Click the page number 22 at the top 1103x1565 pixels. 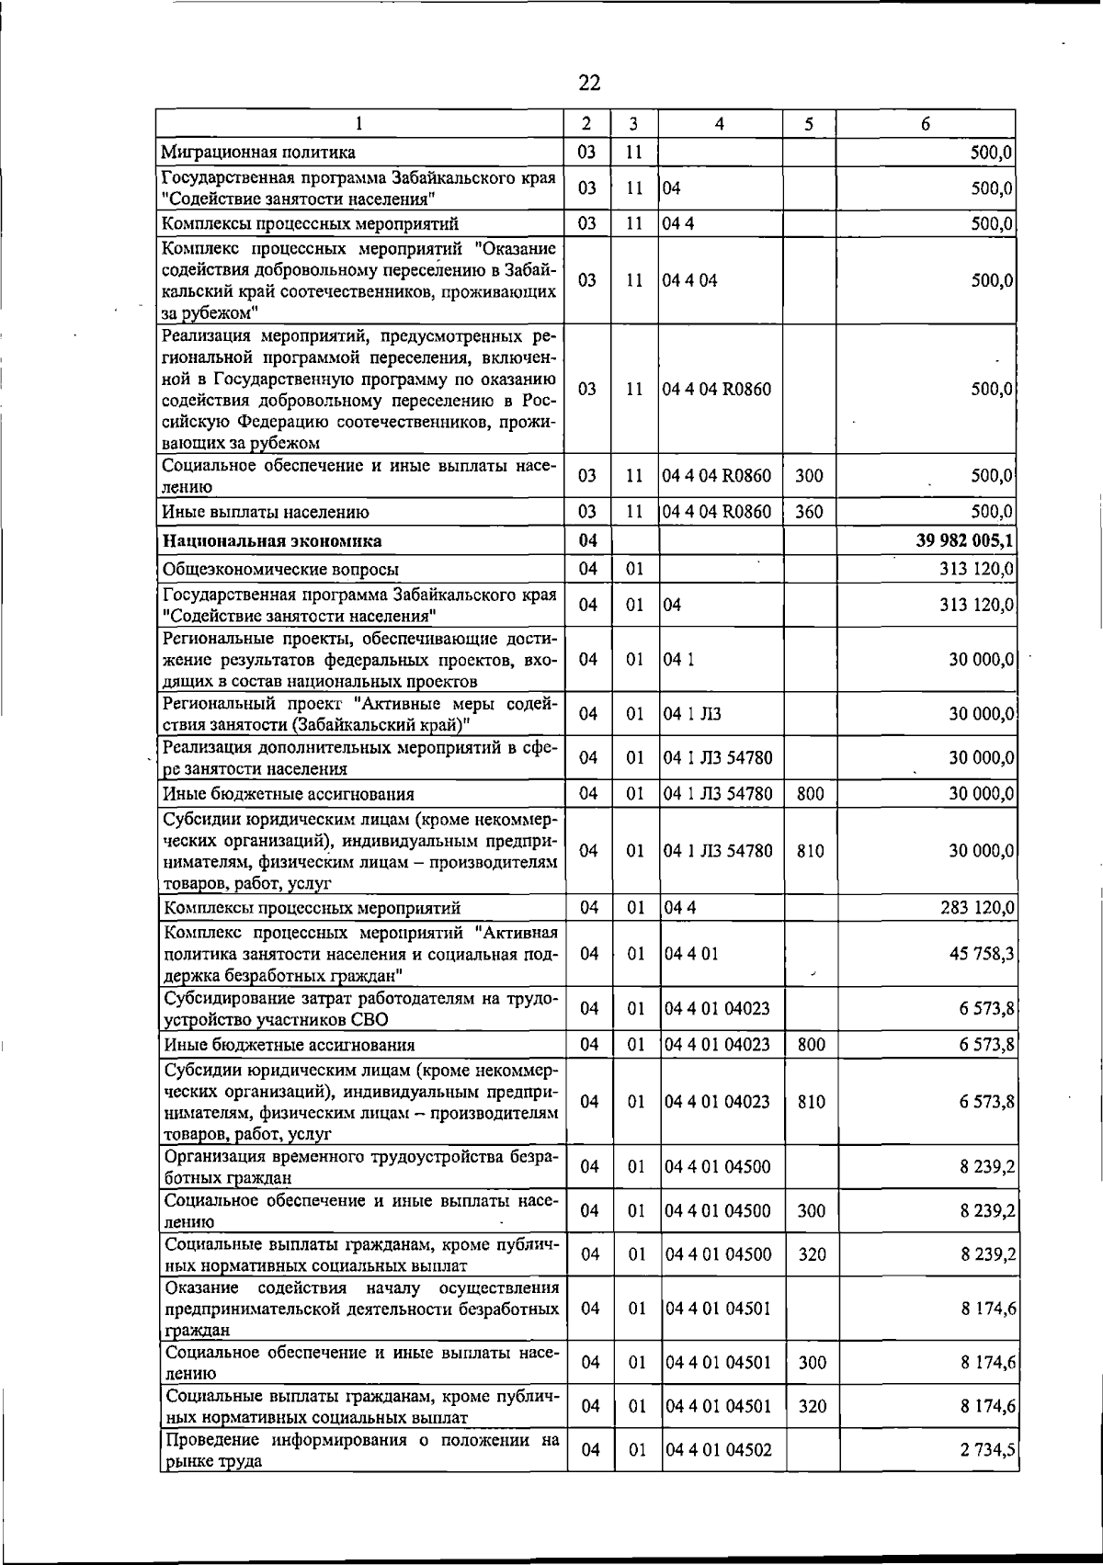click(589, 84)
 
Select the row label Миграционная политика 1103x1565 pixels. click(258, 153)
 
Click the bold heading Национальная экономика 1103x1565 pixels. click(272, 541)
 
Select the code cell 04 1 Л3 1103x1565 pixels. click(686, 714)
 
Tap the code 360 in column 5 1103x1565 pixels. click(809, 512)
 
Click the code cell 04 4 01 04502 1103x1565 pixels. click(718, 1450)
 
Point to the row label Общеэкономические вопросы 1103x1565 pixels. click(281, 570)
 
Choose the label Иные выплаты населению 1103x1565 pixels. click(266, 513)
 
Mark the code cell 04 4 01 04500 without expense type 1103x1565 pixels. click(718, 1167)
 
